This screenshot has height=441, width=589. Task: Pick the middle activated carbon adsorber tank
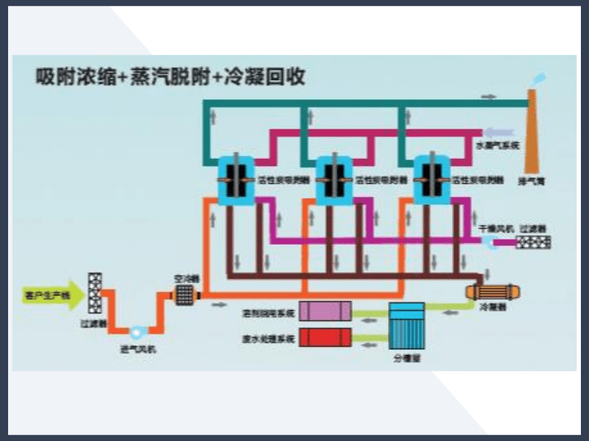coord(335,179)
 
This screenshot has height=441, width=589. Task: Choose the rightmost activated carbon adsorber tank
coord(433,179)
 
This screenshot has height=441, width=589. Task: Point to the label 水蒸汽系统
coord(498,146)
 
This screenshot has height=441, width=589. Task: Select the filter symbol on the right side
coord(535,240)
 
